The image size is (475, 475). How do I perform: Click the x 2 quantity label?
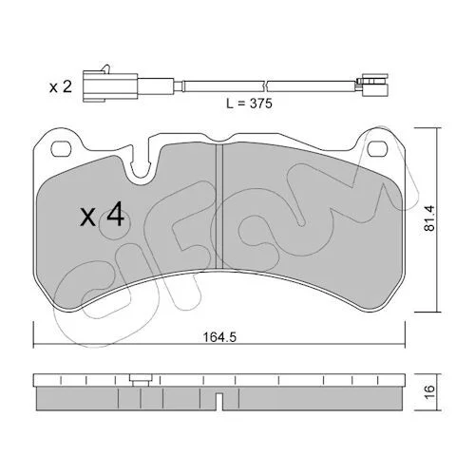click(61, 86)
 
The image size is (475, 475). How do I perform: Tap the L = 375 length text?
click(249, 104)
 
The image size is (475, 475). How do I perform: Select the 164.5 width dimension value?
click(219, 337)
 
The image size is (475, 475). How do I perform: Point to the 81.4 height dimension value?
click(430, 218)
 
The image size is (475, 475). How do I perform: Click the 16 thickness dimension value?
click(430, 392)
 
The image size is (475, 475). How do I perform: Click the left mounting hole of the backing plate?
click(62, 149)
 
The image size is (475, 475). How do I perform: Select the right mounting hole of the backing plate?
click(378, 148)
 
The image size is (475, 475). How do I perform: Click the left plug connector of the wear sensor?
click(110, 86)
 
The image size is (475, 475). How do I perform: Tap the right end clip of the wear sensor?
click(372, 85)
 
